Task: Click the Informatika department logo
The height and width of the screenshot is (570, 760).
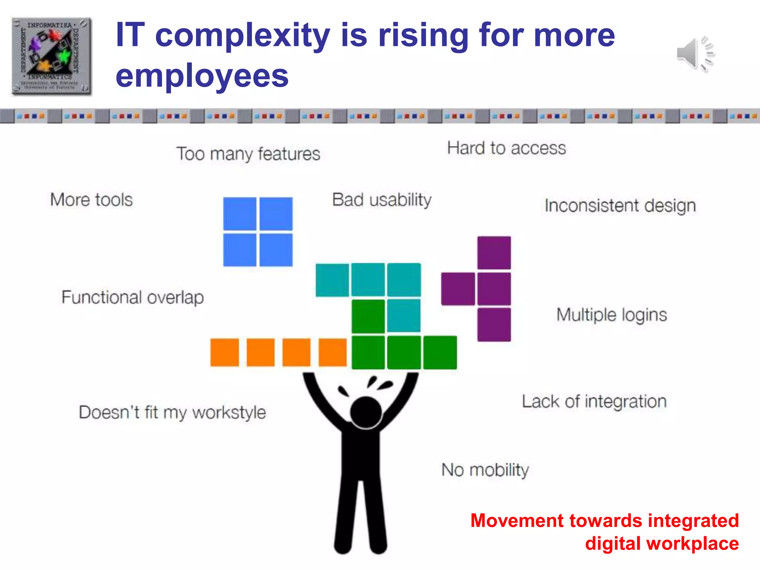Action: [x=51, y=56]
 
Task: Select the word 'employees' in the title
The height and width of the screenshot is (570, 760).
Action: [x=202, y=76]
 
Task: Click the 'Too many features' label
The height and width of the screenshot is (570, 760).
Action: [x=248, y=154]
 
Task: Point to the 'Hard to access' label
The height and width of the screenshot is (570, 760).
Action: [x=506, y=148]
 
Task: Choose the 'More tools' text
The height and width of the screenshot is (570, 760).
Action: [x=91, y=200]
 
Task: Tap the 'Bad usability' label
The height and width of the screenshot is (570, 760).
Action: [x=381, y=200]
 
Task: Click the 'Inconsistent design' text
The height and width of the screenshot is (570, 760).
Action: [x=620, y=206]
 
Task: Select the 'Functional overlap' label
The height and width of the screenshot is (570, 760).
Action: [x=132, y=297]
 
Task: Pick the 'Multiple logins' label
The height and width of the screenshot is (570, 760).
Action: [x=612, y=315]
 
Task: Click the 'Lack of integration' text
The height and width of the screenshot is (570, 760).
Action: [x=594, y=402]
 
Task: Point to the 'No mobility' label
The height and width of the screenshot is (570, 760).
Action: [x=485, y=470]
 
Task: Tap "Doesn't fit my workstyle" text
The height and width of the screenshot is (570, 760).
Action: [x=172, y=412]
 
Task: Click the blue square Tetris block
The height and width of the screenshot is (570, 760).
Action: [x=258, y=232]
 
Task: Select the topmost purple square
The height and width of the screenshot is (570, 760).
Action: [x=494, y=253]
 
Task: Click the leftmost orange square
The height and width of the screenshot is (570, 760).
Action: [x=225, y=352]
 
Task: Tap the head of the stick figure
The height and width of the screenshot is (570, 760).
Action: [x=366, y=412]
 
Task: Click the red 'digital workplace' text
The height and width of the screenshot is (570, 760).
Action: [x=662, y=543]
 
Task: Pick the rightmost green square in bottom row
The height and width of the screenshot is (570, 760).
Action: [x=440, y=352]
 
